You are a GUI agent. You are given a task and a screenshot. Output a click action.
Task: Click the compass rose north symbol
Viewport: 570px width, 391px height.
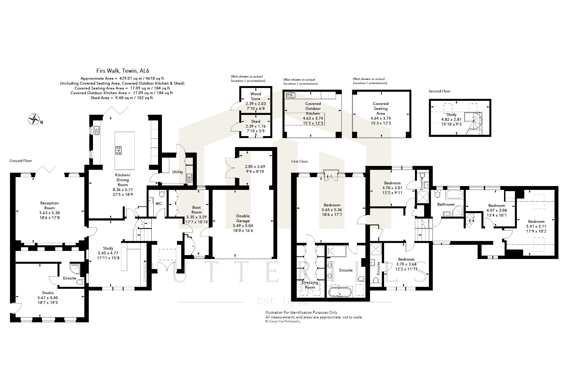pyautogui.click(x=34, y=119)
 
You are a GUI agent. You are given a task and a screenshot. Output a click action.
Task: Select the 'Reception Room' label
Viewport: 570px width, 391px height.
pyautogui.click(x=50, y=206)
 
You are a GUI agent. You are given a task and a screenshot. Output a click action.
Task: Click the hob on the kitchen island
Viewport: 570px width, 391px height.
pyautogui.click(x=119, y=150)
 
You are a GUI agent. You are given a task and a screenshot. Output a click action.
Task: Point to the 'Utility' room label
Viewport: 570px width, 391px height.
pyautogui.click(x=178, y=172)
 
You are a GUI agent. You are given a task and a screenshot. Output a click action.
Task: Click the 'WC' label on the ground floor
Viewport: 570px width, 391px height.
pyautogui.click(x=159, y=204)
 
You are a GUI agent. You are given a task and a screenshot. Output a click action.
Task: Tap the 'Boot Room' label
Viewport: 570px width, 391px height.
pyautogui.click(x=196, y=210)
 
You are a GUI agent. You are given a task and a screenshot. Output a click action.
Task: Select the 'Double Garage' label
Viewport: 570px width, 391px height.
pyautogui.click(x=243, y=218)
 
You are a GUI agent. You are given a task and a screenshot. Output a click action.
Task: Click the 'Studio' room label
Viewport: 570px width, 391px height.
pyautogui.click(x=48, y=293)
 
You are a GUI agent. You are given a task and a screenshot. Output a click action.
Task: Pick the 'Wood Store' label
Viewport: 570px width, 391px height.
pyautogui.click(x=255, y=96)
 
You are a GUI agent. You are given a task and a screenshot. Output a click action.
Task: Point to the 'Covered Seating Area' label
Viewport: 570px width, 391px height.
pyautogui.click(x=380, y=109)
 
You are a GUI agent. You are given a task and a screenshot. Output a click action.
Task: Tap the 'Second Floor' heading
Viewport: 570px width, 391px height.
pyautogui.click(x=439, y=91)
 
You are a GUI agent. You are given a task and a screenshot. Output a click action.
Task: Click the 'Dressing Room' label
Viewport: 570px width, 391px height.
pyautogui.click(x=310, y=285)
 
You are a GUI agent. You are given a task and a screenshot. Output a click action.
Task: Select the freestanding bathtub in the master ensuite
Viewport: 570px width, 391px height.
pyautogui.click(x=340, y=292)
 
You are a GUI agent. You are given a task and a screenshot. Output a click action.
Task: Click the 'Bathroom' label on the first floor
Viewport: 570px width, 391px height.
pyautogui.click(x=446, y=204)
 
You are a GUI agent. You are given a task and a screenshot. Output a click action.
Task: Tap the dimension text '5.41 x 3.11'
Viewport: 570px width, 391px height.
pyautogui.click(x=536, y=226)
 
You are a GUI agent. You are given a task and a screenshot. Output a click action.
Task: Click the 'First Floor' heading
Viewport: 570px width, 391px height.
pyautogui.click(x=299, y=161)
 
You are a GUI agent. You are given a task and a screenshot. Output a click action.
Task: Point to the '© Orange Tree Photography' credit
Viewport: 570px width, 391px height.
pyautogui.click(x=283, y=321)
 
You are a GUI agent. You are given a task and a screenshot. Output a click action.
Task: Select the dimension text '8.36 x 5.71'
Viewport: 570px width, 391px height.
pyautogui.click(x=123, y=190)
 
